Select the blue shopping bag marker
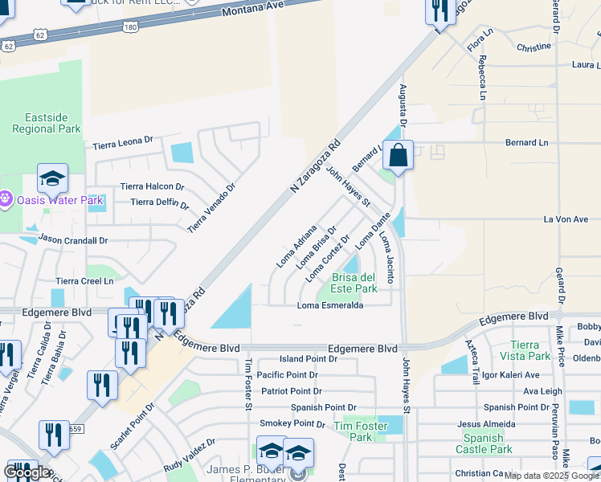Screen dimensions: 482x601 [398, 155]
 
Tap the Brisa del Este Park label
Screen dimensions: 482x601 [354, 283]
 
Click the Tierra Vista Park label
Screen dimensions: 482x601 [529, 350]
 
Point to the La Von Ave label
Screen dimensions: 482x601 [566, 219]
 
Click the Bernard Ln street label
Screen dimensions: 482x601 [525, 142]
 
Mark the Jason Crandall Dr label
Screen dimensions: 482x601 [73, 239]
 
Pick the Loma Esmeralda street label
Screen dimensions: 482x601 [330, 305]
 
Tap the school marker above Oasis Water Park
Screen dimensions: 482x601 [52, 178]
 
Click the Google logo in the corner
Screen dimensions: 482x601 [27, 472]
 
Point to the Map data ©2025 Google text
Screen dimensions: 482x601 [552, 476]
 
